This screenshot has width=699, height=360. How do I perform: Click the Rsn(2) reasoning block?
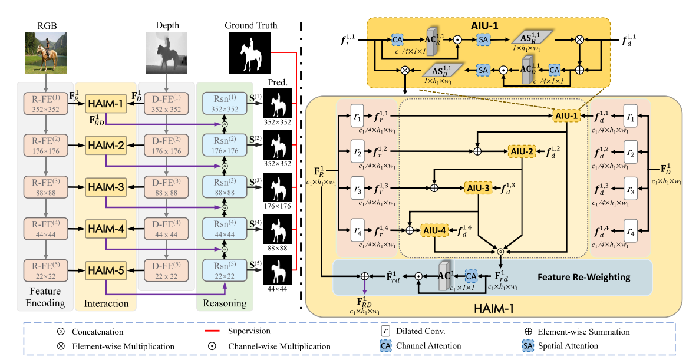coord(224,144)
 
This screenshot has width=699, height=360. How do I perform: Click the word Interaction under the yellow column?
coord(106,303)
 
